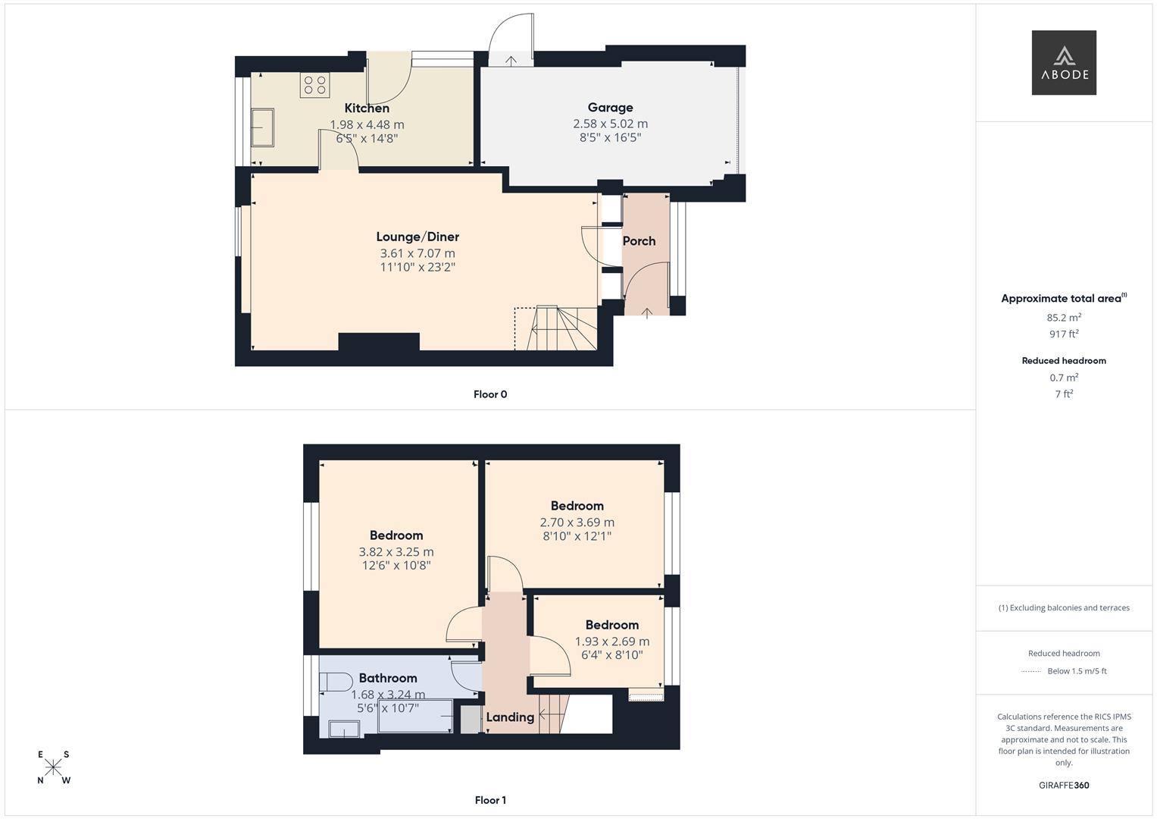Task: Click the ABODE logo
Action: coord(1063,63)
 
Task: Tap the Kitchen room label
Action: coord(367,108)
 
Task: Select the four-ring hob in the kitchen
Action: coord(315,85)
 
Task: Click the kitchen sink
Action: coord(263,127)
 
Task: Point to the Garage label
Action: coord(610,108)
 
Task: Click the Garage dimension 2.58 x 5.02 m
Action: coord(610,124)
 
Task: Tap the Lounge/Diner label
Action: coord(417,237)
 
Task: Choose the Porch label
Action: coord(639,241)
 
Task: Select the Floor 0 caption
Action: coord(490,394)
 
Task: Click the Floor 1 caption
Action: coord(490,800)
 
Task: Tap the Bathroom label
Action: coord(388,678)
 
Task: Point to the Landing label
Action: coord(510,717)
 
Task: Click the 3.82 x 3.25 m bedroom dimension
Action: coord(396,552)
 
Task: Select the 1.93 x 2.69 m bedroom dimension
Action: coord(611,642)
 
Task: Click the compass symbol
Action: coord(54,767)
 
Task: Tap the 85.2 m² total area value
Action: coord(1064,318)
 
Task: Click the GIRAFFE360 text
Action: coord(1064,785)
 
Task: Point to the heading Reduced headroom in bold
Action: coord(1064,361)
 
